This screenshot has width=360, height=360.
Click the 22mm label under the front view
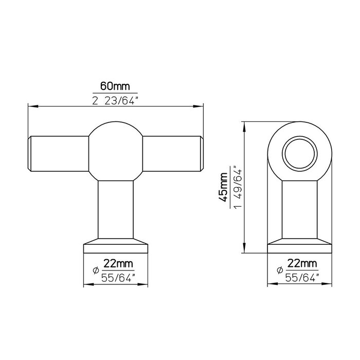[x=118, y=264]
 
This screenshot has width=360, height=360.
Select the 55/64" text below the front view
[x=119, y=278]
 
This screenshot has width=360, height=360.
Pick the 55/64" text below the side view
[x=302, y=278]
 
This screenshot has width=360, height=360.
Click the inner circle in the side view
[x=298, y=152]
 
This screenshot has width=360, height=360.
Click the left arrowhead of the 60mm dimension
[x=30, y=107]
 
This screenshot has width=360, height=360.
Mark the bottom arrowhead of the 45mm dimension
[x=245, y=251]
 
